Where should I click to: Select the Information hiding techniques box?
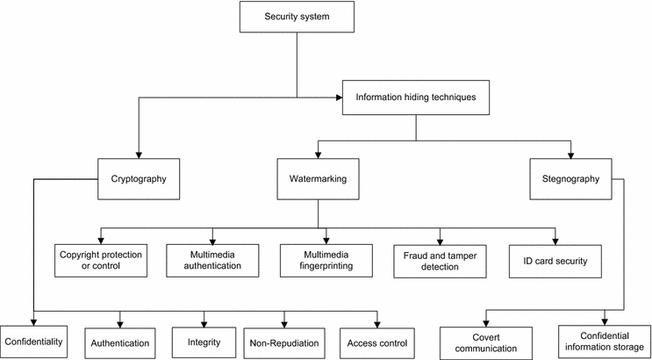pos(415,97)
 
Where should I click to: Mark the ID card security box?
pos(555,260)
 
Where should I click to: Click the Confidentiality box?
pos(33,341)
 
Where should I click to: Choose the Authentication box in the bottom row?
pos(118,342)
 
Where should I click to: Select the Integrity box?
pos(203,342)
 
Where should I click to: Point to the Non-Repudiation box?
pos(286,342)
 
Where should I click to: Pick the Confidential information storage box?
pos(604,341)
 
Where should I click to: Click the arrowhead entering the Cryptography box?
pos(139,154)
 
